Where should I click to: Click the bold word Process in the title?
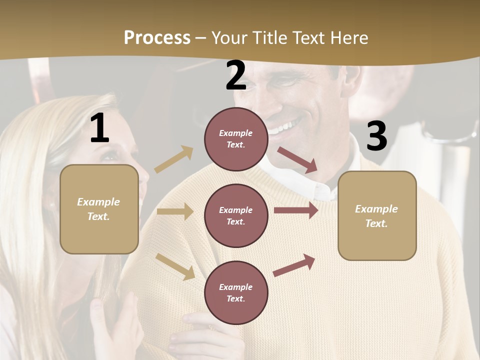[x=157, y=37]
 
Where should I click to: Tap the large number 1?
[x=99, y=128]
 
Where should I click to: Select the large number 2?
[x=236, y=75]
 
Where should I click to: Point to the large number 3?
[x=376, y=136]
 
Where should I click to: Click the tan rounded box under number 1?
[x=99, y=209]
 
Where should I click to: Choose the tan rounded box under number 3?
[x=377, y=215]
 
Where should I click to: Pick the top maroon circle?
[x=236, y=139]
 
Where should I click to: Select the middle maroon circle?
[x=236, y=215]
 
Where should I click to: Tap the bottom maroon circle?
[x=236, y=292]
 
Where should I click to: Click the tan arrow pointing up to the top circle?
[x=174, y=159]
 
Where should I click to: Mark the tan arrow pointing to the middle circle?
[x=175, y=211]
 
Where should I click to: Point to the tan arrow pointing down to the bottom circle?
[x=175, y=266]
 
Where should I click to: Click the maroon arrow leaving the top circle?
[x=297, y=160]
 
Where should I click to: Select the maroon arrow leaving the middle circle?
[x=296, y=210]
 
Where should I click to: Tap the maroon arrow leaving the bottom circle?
[x=294, y=265]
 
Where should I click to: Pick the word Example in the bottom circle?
[x=236, y=287]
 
